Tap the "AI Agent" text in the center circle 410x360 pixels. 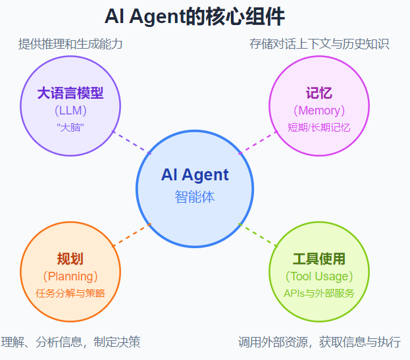pos(195,175)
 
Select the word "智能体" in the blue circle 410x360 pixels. pos(195,196)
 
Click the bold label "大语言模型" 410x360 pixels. pos(70,93)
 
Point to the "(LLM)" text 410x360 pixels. pos(70,110)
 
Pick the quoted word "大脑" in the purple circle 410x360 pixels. pos(70,127)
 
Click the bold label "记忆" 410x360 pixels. pos(319,93)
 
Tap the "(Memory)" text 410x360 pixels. pos(319,110)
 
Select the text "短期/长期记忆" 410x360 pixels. pos(319,127)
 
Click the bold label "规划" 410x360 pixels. pos(70,259)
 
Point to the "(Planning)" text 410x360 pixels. pos(70,276)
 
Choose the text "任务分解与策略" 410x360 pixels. pos(70,293)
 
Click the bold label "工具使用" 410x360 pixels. pos(319,259)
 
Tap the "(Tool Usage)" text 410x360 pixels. pos(319,276)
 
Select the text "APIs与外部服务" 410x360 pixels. pos(319,293)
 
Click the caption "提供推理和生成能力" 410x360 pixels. pos(70,44)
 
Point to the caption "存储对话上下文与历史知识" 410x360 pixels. pos(319,44)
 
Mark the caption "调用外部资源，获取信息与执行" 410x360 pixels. pos(319,342)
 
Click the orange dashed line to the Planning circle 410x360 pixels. pos(132,236)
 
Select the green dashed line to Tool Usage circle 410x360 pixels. pos(259,236)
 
